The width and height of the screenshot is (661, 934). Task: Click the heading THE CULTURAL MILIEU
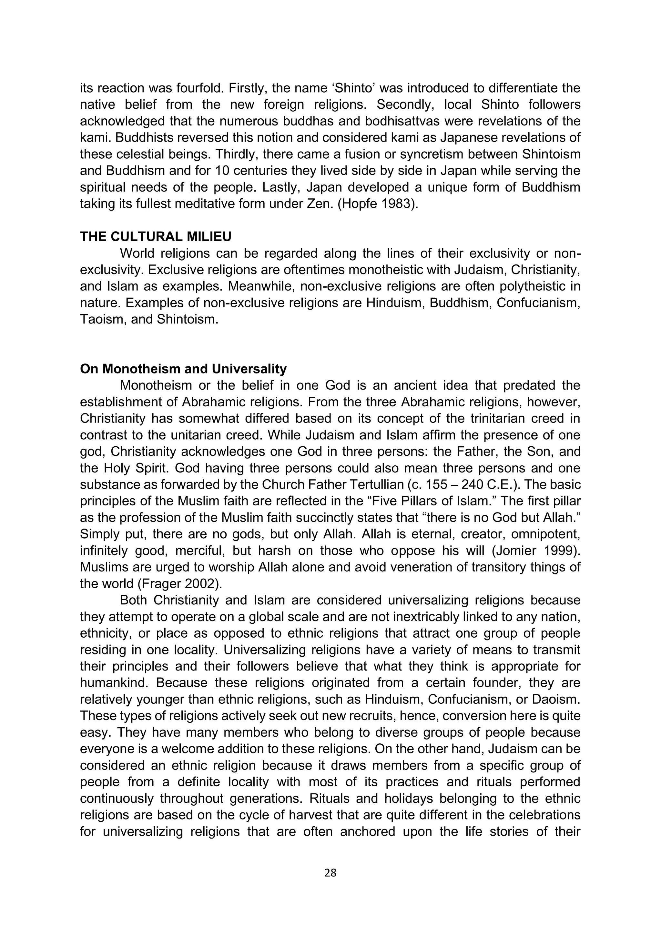click(x=156, y=236)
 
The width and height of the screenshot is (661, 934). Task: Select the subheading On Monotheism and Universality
click(x=183, y=369)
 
